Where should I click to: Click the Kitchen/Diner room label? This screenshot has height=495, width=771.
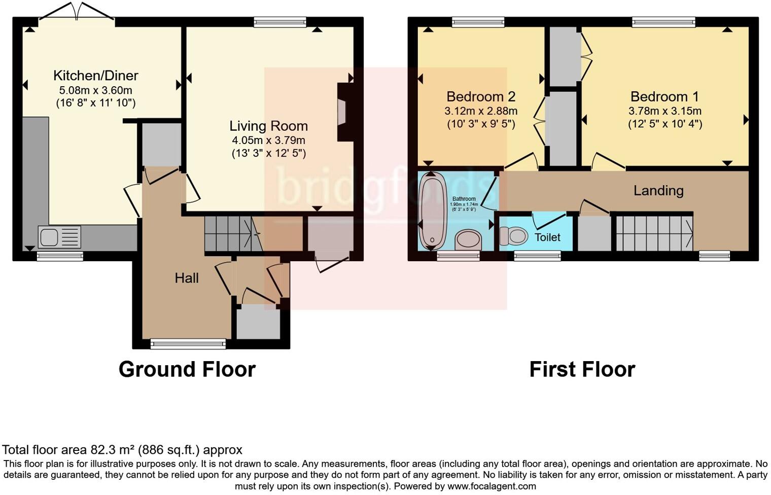(95, 76)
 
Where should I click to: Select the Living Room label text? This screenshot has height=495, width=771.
(268, 126)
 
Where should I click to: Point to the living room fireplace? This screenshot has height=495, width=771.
(343, 112)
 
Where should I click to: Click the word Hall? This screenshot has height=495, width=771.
(187, 278)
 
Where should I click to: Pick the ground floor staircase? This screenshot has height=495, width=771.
(231, 233)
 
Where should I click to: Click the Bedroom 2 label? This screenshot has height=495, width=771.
(480, 96)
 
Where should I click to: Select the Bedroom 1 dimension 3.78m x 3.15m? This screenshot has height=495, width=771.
(665, 111)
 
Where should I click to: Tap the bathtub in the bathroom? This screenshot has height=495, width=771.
(432, 209)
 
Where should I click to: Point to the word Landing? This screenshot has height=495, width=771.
(658, 191)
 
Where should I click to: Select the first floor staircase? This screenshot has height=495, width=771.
(654, 233)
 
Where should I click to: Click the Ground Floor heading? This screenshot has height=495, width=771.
(187, 369)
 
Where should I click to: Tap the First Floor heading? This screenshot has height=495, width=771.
(582, 369)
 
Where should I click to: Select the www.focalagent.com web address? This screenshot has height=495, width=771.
(491, 486)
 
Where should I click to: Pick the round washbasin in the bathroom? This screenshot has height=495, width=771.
(468, 239)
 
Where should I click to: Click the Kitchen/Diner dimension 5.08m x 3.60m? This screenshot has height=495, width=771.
(95, 91)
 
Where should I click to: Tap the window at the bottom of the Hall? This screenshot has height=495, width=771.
(188, 344)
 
